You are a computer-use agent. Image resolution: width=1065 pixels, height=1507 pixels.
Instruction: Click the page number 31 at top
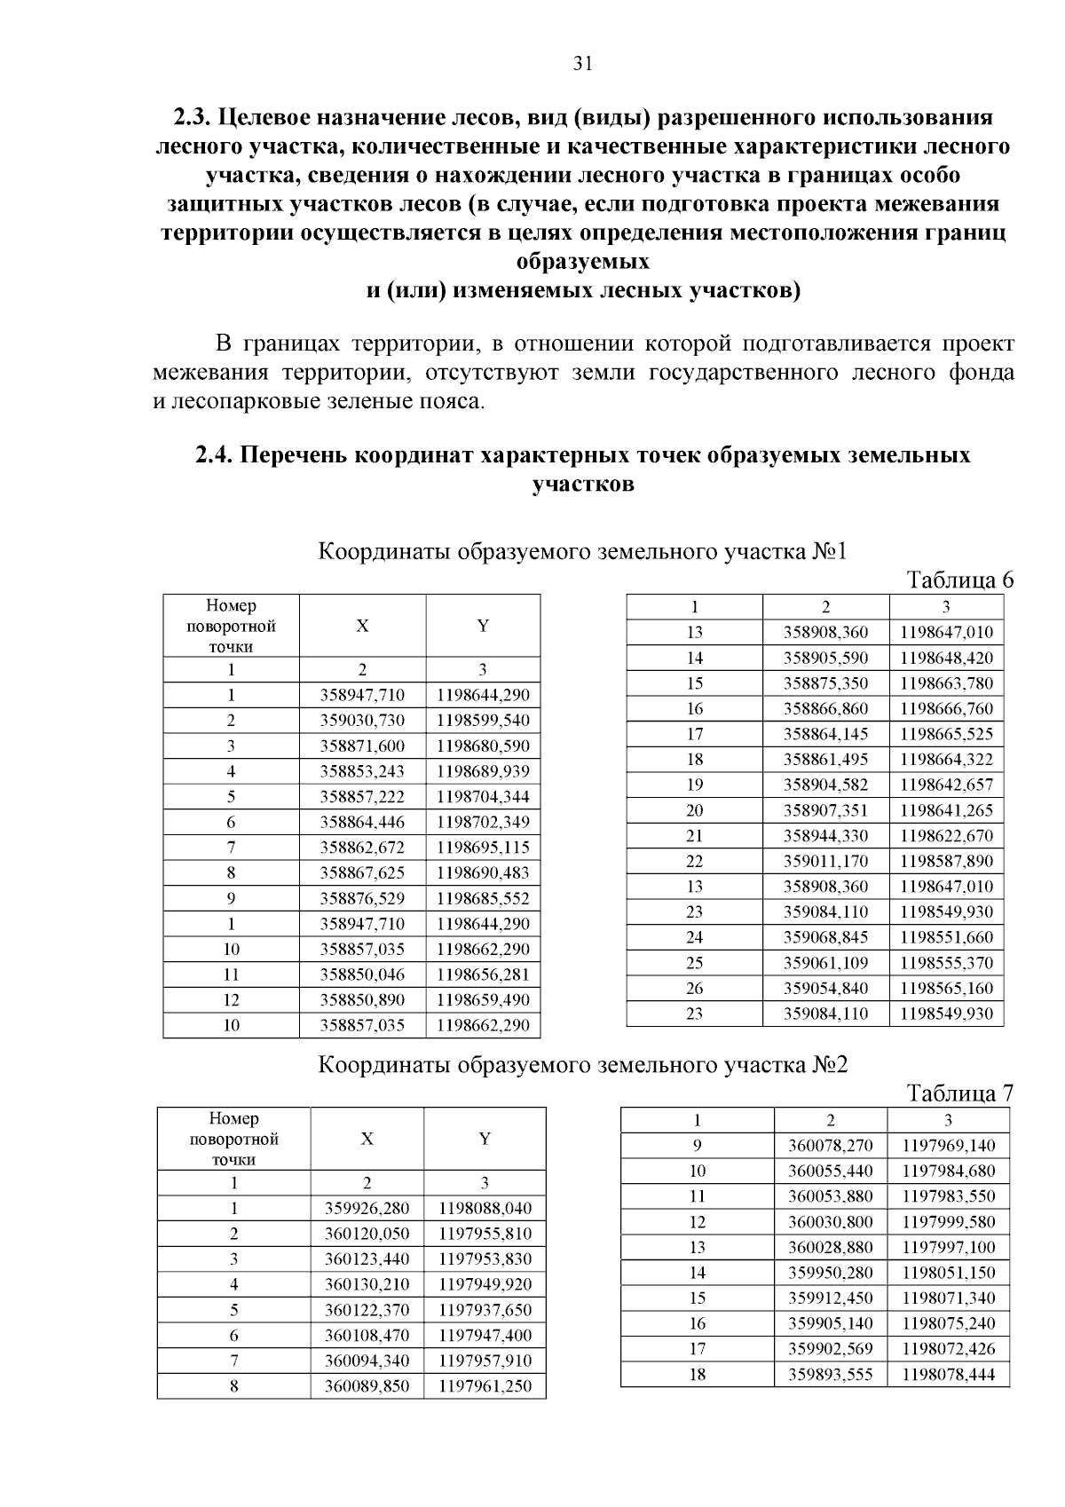point(583,64)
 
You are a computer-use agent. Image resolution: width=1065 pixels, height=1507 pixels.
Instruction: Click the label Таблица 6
point(958,580)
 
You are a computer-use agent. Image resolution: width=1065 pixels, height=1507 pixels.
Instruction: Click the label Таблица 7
point(958,1093)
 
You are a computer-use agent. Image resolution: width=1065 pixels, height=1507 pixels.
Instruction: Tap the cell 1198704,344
point(483,797)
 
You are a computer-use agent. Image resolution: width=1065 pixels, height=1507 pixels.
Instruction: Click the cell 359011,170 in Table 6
point(825,861)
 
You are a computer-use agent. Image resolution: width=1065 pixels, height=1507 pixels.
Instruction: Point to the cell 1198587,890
point(946,861)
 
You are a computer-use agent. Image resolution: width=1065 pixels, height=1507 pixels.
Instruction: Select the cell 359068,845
point(825,937)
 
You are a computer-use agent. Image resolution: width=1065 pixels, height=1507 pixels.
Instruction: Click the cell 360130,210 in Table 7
point(367,1284)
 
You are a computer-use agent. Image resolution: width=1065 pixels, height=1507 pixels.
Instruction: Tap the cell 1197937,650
point(485,1310)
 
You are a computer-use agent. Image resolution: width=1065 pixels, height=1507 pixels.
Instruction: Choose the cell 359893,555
point(830,1375)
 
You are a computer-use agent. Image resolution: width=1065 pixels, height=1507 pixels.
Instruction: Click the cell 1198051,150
point(948,1273)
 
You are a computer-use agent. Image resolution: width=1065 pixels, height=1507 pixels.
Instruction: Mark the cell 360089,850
point(367,1386)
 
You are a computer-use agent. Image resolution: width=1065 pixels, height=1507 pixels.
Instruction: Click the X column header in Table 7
point(367,1139)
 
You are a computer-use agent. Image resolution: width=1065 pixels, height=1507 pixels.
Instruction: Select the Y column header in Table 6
point(483,626)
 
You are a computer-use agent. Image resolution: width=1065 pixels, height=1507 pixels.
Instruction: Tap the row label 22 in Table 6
point(694,861)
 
